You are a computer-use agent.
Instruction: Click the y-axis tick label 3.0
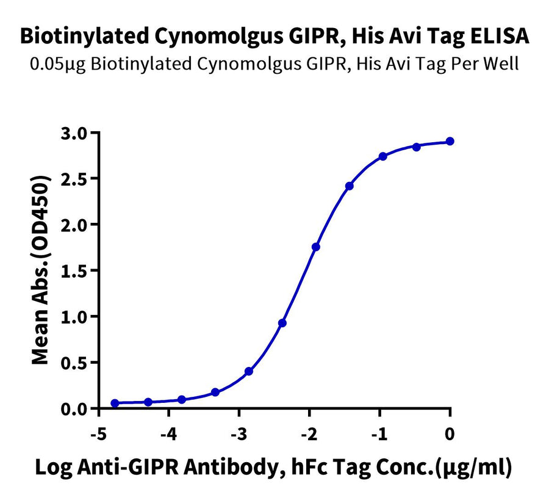(74, 132)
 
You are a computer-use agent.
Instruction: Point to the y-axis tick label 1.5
(74, 270)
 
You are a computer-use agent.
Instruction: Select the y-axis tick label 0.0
(74, 408)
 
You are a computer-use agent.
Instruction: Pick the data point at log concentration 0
(450, 141)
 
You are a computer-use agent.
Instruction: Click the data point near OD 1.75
(315, 247)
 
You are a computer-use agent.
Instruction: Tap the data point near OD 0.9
(282, 322)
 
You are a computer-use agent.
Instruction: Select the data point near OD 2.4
(349, 186)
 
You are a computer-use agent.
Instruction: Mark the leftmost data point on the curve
(115, 403)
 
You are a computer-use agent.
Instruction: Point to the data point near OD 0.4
(249, 371)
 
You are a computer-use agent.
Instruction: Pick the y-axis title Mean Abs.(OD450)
(40, 270)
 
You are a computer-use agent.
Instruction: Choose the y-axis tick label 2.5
(74, 178)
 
